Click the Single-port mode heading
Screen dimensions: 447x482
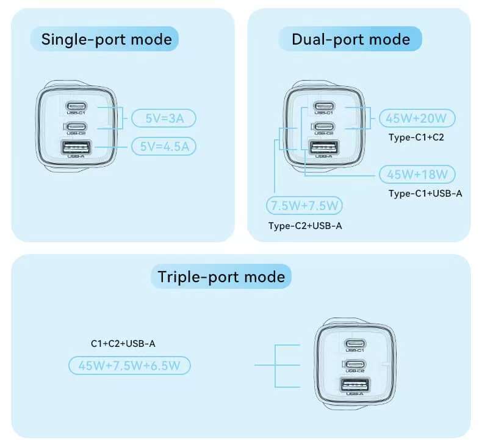tap(106, 40)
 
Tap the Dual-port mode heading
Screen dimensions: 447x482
tap(350, 40)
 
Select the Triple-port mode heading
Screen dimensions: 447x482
tap(221, 277)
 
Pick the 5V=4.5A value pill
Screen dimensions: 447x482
tap(164, 146)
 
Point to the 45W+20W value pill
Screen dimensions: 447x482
tap(417, 118)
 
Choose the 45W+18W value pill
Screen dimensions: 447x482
tap(417, 174)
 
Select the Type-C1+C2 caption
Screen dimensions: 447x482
tap(416, 137)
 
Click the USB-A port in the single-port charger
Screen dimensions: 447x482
tap(76, 147)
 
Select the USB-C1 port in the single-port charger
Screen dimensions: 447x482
tap(76, 106)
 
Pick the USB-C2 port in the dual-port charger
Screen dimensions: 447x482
tap(324, 126)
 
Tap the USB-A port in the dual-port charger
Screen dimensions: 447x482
tap(324, 147)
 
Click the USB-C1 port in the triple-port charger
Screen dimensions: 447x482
tap(356, 343)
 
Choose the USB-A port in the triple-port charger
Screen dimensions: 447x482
tap(356, 384)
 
